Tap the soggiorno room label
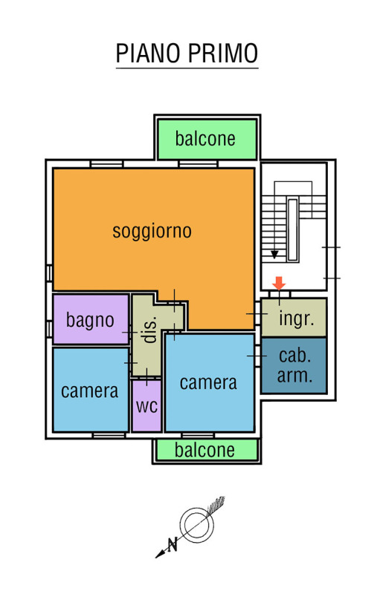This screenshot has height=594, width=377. tap(152, 231)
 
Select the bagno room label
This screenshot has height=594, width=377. tap(90, 320)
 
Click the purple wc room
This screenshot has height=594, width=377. tap(146, 405)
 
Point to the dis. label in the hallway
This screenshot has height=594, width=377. tap(150, 330)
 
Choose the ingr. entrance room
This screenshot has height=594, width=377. tap(294, 318)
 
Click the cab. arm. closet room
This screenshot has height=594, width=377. tap(294, 365)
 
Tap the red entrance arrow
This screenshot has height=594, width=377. tap(279, 284)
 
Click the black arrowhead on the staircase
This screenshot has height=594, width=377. tap(274, 255)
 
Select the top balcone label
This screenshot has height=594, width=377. tap(205, 139)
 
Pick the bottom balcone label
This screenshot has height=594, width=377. tap(204, 450)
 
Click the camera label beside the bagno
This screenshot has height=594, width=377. tap(89, 391)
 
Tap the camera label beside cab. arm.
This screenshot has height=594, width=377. tap(208, 382)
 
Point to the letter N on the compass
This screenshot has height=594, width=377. tap(173, 545)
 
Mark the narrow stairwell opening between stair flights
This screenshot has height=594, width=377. tap(292, 230)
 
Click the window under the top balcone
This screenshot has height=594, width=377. tap(198, 164)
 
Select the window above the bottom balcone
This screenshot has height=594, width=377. tap(198, 435)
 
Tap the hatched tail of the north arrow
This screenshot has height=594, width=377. tap(216, 504)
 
